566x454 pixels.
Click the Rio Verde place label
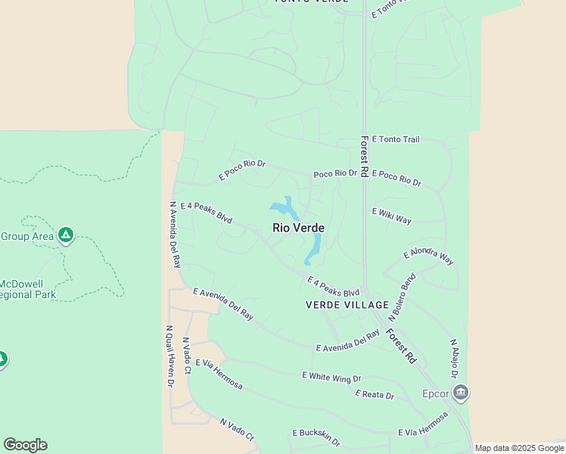tap(298, 228)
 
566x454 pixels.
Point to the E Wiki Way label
tap(392, 216)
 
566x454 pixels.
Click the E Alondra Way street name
tap(429, 256)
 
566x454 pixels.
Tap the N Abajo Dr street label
tap(454, 359)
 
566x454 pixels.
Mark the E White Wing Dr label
tap(331, 377)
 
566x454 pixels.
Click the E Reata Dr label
tap(375, 395)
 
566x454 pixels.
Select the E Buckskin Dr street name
tap(316, 437)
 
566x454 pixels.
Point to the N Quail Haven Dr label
tap(169, 357)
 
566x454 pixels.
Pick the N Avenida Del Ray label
tap(176, 235)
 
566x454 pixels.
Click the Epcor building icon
tap(461, 393)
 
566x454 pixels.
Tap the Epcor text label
tap(435, 393)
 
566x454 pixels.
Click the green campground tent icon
tap(66, 235)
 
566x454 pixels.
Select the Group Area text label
tap(26, 236)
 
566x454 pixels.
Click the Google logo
tap(25, 445)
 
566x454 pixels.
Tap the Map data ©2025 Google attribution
tap(520, 448)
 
